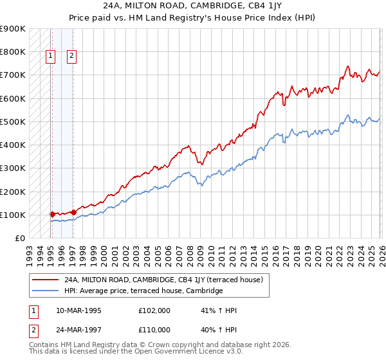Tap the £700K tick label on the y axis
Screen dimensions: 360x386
click(13, 75)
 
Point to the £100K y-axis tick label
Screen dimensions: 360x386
click(13, 215)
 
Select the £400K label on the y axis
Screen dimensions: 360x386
click(13, 145)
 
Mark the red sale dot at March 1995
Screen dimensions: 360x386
click(52, 214)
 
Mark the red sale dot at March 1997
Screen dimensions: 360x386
click(73, 212)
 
